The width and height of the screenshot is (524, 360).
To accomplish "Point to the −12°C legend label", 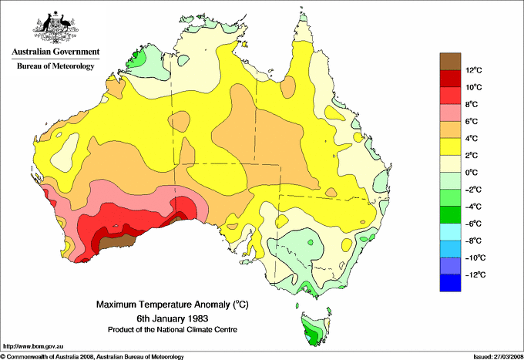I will [473, 274].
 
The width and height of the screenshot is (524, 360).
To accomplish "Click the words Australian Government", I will [55, 52].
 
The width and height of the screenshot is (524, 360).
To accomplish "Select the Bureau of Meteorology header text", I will [55, 66].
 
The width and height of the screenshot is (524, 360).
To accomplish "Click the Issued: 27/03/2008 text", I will [492, 356].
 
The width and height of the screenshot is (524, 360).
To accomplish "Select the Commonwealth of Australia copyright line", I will [92, 356].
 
